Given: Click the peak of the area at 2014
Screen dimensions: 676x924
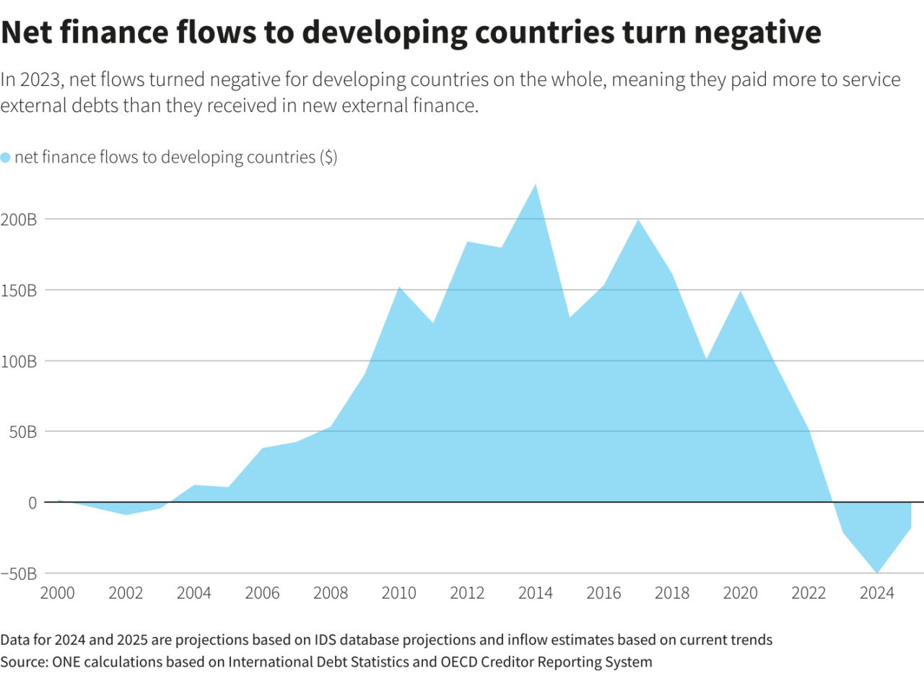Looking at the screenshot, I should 535,185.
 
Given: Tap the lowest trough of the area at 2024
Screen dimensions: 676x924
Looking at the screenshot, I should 877,573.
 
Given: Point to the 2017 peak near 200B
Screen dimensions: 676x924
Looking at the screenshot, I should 637,220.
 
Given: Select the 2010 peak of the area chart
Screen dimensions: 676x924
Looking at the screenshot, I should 398,287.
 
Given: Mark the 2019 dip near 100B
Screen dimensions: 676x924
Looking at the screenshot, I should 707,359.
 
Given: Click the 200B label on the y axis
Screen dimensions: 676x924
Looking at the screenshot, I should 19,220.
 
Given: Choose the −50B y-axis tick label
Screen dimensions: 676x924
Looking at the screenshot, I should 18,573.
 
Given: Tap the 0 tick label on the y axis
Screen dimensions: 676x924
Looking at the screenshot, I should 32,503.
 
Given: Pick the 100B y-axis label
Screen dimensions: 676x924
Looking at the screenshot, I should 19,361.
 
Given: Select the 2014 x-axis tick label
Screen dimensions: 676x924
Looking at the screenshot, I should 535,594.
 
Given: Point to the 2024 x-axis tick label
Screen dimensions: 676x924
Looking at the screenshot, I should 877,594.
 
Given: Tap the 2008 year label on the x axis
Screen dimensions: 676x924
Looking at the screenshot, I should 330,594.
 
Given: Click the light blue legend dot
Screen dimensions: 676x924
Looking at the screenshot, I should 6,157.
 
